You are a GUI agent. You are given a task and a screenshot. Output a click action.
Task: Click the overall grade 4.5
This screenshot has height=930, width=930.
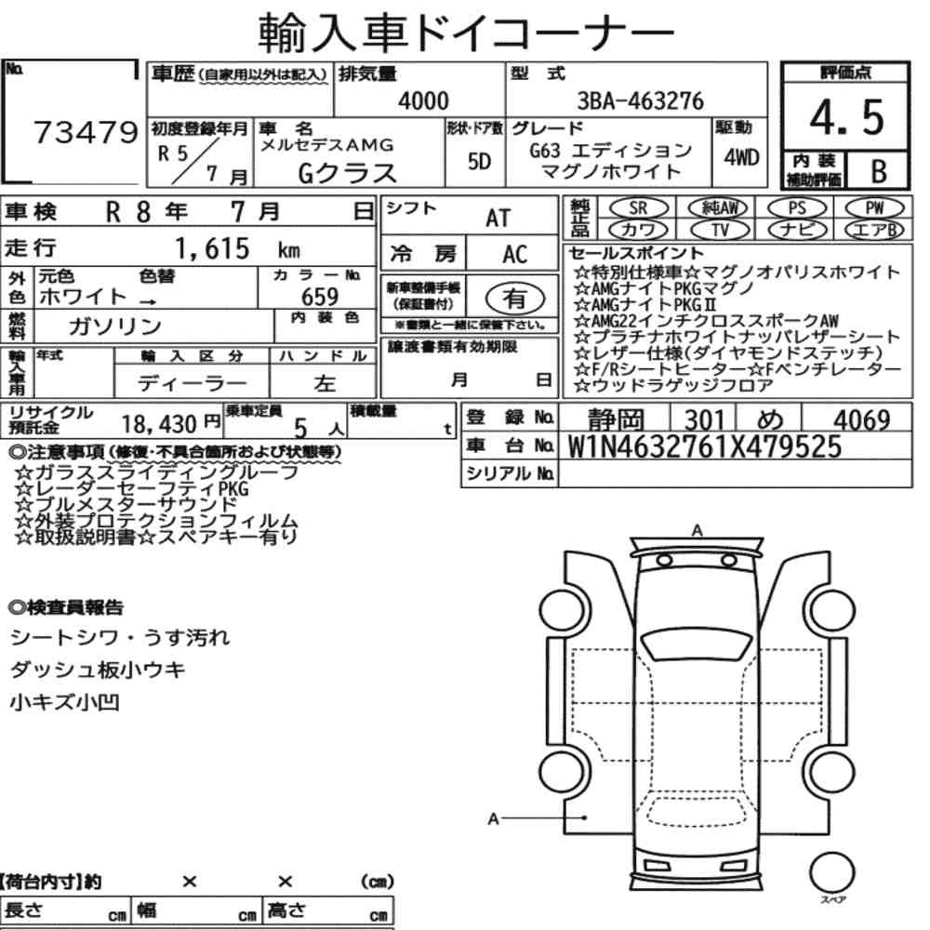pos(847,117)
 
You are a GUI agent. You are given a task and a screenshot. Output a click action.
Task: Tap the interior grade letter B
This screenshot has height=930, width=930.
pos(879,171)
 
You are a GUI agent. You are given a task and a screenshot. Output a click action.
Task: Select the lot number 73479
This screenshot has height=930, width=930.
pos(86,132)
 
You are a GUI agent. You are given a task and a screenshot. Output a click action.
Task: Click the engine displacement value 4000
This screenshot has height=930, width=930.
pos(423,100)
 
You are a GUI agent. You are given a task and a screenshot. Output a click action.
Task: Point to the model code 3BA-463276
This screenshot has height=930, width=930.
pos(640,100)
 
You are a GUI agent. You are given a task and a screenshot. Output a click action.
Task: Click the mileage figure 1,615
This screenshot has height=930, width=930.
pos(212,248)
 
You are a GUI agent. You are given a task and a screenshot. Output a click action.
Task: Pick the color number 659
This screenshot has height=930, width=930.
pos(320,297)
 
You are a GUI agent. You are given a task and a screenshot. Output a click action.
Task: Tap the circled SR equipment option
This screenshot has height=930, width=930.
pos(638,207)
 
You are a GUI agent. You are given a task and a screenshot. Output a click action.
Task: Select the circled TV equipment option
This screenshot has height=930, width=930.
pos(720,230)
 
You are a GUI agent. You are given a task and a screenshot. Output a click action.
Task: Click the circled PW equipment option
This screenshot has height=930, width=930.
pos(874,207)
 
